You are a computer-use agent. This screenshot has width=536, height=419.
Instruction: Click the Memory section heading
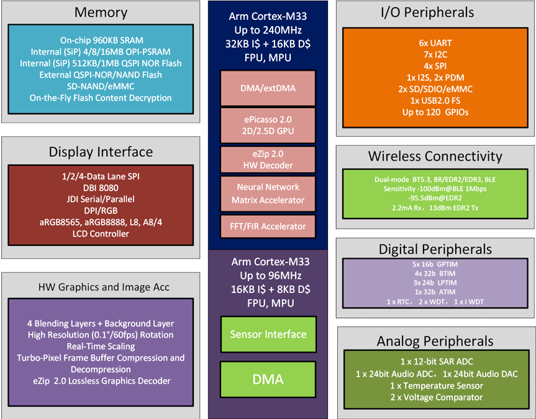(x=101, y=12)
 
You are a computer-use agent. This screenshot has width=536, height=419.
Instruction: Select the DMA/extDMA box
(x=268, y=88)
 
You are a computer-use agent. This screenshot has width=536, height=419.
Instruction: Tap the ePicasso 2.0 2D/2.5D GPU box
(x=268, y=124)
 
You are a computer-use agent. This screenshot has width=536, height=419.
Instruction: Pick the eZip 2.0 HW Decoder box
(x=268, y=160)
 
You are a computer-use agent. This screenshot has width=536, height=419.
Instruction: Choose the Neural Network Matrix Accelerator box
(x=268, y=193)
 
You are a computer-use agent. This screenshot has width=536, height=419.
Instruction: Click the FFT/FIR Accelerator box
(x=268, y=227)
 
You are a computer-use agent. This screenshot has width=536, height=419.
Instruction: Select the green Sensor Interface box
(x=268, y=335)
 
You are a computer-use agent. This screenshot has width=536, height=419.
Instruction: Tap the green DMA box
(x=268, y=379)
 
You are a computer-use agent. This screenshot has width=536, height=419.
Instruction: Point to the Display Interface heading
(x=101, y=152)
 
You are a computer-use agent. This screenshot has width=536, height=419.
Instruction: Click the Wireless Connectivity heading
(x=435, y=156)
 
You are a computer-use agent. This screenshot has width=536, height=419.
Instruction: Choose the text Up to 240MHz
(x=268, y=29)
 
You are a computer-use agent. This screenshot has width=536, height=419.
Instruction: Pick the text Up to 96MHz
(x=268, y=276)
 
